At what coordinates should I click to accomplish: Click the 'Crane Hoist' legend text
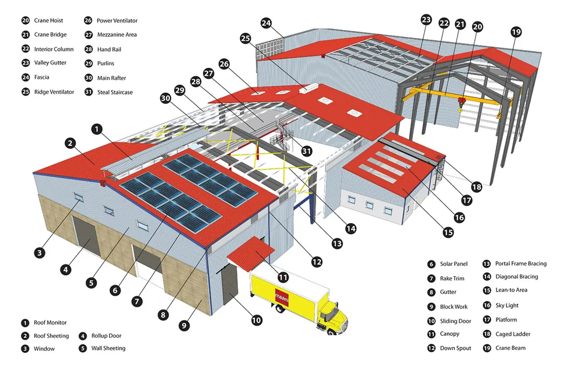[x=48, y=20]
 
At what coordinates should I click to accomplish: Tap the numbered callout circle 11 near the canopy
[x=283, y=278]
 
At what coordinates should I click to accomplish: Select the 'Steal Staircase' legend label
[x=115, y=92]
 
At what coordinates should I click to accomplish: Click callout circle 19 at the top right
[x=516, y=32]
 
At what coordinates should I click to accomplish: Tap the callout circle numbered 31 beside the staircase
[x=307, y=151]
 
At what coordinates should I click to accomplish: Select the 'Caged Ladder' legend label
[x=513, y=334]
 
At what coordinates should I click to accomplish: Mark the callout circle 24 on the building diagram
[x=267, y=23]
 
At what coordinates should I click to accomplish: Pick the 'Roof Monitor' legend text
[x=50, y=323]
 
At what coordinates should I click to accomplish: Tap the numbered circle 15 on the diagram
[x=448, y=232]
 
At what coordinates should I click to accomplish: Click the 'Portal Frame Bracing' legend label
[x=521, y=264]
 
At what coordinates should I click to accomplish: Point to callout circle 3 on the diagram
[x=40, y=252]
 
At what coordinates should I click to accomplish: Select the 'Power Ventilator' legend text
[x=117, y=20]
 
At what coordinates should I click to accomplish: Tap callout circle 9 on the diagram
[x=184, y=325]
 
